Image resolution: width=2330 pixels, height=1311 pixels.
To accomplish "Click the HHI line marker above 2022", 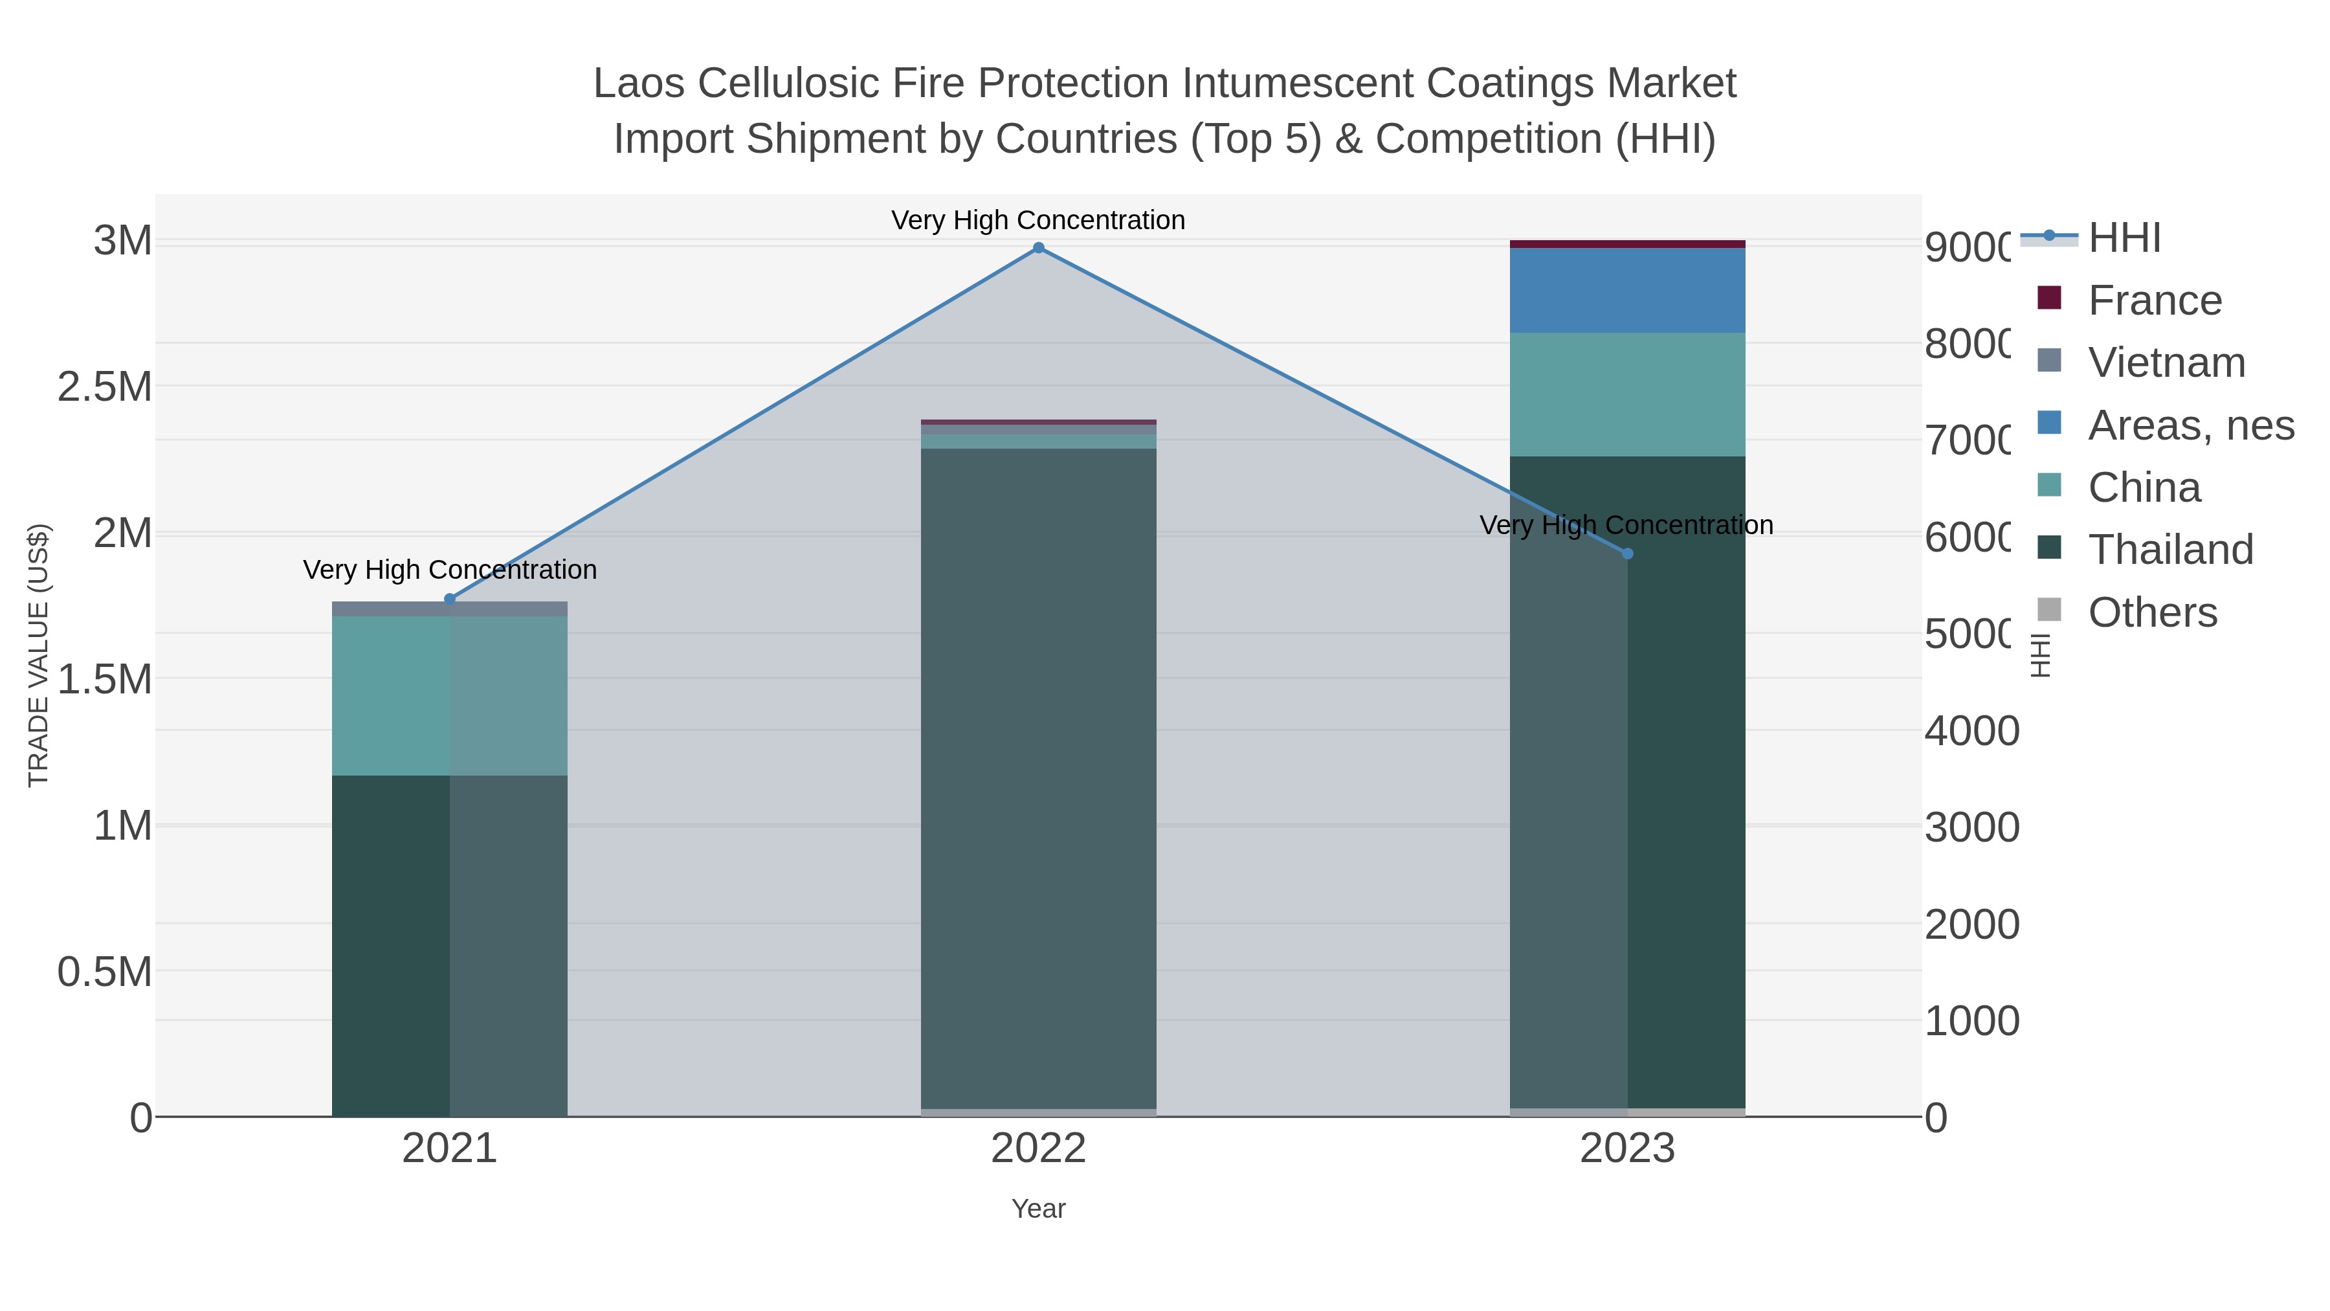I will coord(1038,248).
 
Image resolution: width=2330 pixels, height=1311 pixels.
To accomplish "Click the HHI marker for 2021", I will coord(450,599).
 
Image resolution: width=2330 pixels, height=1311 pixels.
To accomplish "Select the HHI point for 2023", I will coord(1627,554).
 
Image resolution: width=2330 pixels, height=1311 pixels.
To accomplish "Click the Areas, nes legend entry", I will coord(2190,425).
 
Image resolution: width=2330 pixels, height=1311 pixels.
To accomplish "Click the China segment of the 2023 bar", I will coord(1627,394).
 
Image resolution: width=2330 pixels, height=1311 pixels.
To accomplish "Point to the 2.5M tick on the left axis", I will coord(104,387).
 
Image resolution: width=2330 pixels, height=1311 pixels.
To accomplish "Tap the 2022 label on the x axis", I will coord(1038,1149).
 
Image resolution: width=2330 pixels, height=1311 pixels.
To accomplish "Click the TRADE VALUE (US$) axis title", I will coord(39,655).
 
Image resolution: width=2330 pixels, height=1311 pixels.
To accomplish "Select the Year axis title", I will coord(1038,1209).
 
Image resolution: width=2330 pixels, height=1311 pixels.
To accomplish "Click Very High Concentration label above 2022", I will coord(1038,220).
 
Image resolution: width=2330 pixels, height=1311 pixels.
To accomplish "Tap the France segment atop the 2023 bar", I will coord(1627,244).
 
